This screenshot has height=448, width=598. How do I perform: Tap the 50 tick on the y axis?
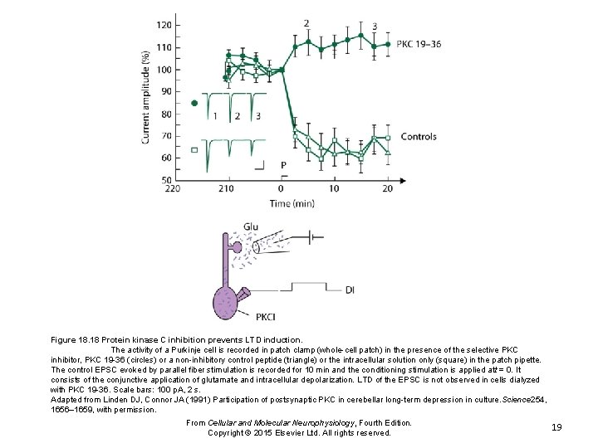pos(166,179)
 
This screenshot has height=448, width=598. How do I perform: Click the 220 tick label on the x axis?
pos(173,189)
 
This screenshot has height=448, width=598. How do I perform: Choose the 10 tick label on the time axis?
pos(334,189)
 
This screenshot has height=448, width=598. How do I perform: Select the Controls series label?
pos(418,137)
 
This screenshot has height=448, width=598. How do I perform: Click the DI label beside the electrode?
pos(350,290)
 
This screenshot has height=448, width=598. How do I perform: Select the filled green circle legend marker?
pos(194,103)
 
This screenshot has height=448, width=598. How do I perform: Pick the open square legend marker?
pos(194,150)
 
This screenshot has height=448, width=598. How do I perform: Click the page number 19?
pos(557,426)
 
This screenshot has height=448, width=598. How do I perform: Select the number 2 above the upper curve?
pos(306,23)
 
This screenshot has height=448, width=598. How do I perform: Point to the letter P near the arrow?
pos(283,164)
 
